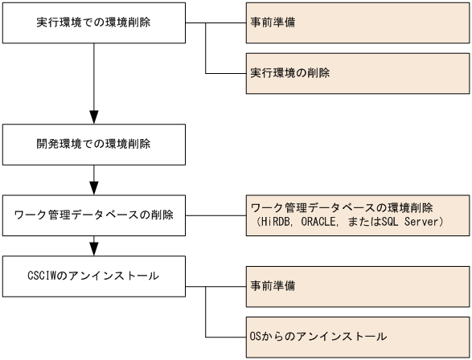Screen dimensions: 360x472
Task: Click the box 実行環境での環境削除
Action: [x=94, y=22]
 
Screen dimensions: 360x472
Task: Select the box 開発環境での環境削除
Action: [x=94, y=145]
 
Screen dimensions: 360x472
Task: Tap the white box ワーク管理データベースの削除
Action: [x=94, y=215]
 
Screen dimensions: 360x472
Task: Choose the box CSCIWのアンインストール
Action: [x=94, y=276]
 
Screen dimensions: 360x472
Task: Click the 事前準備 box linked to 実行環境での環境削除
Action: [x=358, y=22]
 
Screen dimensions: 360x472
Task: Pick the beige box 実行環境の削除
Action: [x=358, y=73]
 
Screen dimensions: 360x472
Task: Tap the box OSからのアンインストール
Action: [x=358, y=336]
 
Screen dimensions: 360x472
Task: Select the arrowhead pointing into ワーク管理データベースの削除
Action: [x=94, y=189]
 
